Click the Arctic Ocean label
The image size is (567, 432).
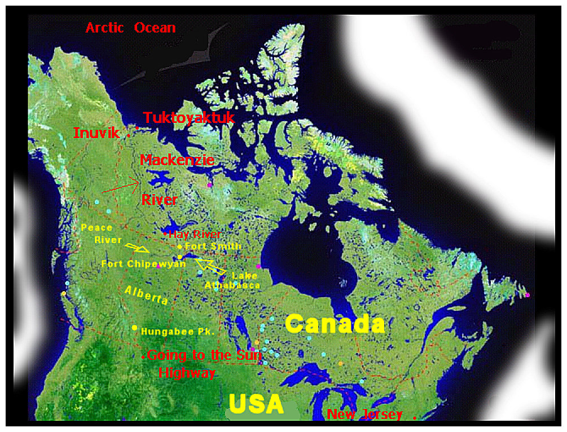(x=130, y=28)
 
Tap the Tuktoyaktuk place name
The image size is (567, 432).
(x=188, y=118)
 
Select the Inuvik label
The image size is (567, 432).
(x=96, y=133)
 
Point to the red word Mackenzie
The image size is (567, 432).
(x=177, y=160)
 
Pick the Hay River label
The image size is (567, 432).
(x=195, y=234)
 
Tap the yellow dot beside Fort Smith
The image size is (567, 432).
(x=179, y=246)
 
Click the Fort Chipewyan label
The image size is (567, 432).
(x=144, y=263)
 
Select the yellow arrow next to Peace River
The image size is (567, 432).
(x=137, y=248)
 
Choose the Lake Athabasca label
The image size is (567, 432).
(x=232, y=280)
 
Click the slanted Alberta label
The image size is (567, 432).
(x=146, y=295)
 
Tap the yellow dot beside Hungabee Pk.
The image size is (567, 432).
(x=134, y=328)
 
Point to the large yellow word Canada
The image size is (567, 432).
(x=335, y=324)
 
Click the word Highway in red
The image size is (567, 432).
(x=187, y=373)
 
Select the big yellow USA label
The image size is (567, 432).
(x=256, y=404)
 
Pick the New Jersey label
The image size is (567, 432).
(x=364, y=415)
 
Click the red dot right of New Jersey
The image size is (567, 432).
(x=415, y=418)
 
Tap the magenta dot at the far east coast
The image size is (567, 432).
(x=528, y=295)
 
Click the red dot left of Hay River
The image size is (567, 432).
(x=165, y=233)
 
